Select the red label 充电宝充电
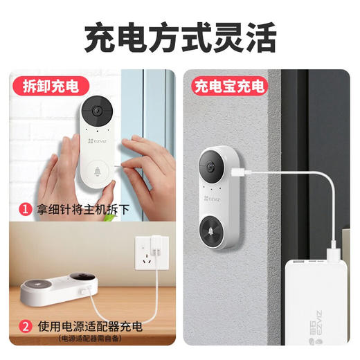tap(228, 87)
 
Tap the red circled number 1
tap(25, 208)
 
